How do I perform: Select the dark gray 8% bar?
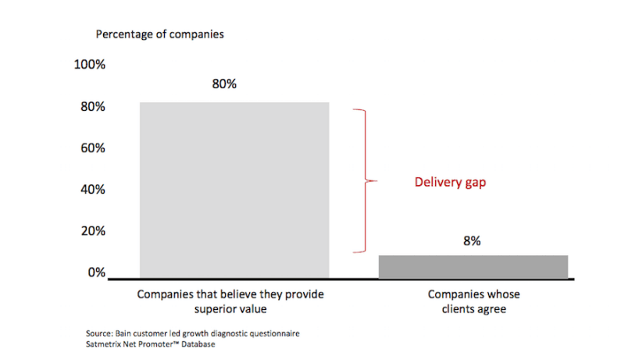(x=473, y=266)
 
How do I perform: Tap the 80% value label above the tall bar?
(x=224, y=84)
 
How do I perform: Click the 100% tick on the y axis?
(x=89, y=64)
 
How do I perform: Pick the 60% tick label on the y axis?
(x=92, y=148)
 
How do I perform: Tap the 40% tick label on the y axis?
(x=92, y=189)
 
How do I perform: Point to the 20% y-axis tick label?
(x=92, y=230)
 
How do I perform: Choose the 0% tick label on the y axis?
(x=95, y=272)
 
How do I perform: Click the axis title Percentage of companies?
(x=159, y=34)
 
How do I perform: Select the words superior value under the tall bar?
(x=230, y=309)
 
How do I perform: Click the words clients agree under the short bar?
(x=473, y=309)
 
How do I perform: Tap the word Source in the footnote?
(x=100, y=333)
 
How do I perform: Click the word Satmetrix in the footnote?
(x=105, y=344)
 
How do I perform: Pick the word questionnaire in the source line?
(x=271, y=333)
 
